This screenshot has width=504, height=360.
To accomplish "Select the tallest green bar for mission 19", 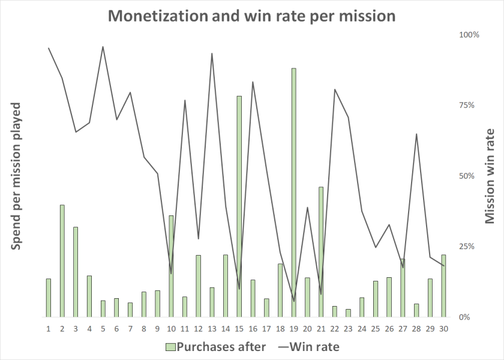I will (294, 192).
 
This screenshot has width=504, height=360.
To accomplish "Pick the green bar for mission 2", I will (62, 260).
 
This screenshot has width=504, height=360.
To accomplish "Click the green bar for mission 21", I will (322, 251).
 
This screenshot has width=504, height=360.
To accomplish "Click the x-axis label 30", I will (443, 328).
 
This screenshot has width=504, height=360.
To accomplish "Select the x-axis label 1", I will (49, 328).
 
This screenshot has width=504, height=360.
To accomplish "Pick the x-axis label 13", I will (212, 328).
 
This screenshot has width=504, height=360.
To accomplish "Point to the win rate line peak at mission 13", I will (212, 53).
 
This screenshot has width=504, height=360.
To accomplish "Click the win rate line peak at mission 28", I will (416, 134).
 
